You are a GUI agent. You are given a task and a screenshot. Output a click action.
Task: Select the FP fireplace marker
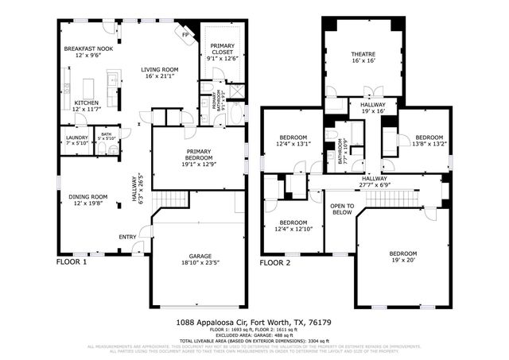185,34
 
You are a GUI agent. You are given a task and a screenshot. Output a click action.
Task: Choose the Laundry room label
76,140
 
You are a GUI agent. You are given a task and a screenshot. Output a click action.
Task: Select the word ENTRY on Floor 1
127,236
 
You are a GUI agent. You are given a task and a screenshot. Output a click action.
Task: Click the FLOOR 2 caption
275,261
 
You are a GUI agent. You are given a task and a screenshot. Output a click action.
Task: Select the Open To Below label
342,209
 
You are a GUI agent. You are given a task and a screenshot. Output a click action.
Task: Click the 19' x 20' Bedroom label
402,257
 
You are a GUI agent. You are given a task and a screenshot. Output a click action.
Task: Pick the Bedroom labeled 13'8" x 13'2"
429,140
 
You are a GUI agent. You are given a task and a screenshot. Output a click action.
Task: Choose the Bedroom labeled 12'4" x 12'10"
293,226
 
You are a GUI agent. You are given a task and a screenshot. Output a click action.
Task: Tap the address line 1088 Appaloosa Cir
254,323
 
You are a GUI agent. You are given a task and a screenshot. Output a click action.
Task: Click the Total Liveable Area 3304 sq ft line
254,340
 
